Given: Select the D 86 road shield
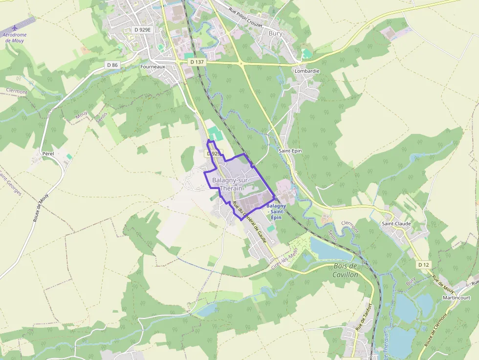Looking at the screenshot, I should click(112, 65).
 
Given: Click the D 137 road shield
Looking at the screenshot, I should click(197, 62).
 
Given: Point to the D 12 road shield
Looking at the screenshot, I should click(423, 265).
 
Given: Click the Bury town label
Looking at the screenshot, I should click(276, 33).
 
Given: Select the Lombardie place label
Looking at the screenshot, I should click(307, 71).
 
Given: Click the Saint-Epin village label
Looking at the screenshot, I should click(290, 151).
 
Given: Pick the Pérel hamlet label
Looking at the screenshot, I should click(48, 153).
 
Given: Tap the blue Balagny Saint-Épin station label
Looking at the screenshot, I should click(276, 212).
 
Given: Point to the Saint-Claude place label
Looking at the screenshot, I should click(396, 224).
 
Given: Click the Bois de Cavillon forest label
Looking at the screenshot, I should click(346, 270).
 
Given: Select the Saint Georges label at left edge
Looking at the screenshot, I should click(11, 183).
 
